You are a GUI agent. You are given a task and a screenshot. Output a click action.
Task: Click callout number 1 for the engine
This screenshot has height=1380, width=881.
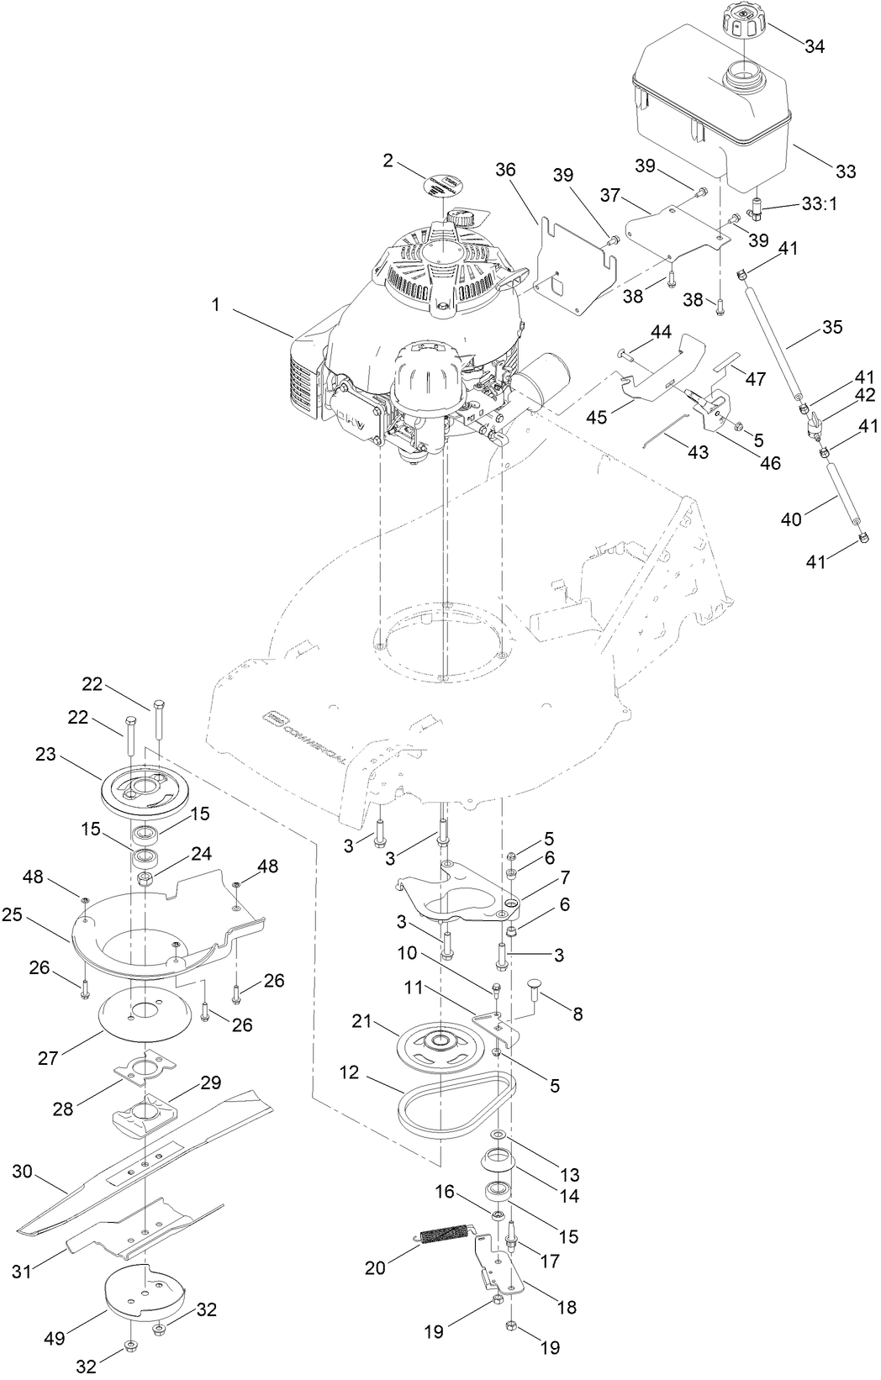coord(215,305)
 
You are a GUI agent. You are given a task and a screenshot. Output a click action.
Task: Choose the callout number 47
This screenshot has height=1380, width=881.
coord(755,378)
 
